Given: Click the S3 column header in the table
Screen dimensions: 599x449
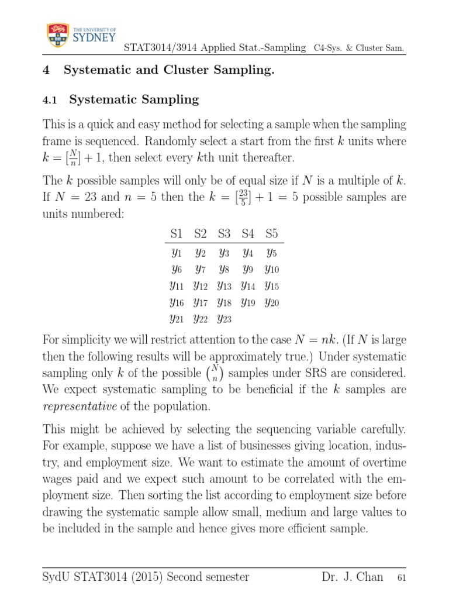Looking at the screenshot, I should tap(224, 234).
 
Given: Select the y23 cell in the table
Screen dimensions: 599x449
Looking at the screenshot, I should tap(224, 319).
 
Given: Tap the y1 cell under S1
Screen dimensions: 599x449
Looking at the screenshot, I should tap(176, 253).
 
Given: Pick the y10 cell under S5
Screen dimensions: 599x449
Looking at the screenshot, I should tap(272, 270).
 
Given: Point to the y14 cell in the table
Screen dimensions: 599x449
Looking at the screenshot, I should tap(248, 286).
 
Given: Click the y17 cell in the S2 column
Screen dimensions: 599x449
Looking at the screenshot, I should tap(200, 302).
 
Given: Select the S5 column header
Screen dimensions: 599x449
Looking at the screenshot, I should tap(271, 234).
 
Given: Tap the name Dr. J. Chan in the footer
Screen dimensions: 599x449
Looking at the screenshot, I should tap(352, 577).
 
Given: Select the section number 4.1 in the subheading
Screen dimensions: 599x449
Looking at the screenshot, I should tap(51, 100).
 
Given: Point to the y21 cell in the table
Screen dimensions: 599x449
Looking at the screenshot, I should tap(176, 319).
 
